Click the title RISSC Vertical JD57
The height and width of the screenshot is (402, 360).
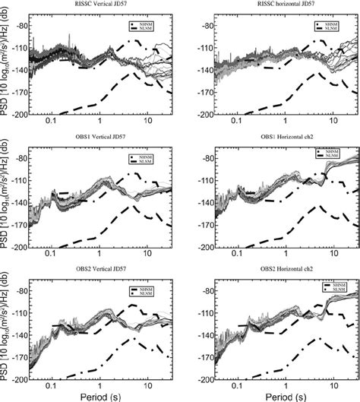(x=101, y=5)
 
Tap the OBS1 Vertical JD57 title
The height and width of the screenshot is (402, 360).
(x=101, y=139)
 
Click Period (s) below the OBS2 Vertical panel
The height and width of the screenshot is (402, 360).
(x=101, y=394)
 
